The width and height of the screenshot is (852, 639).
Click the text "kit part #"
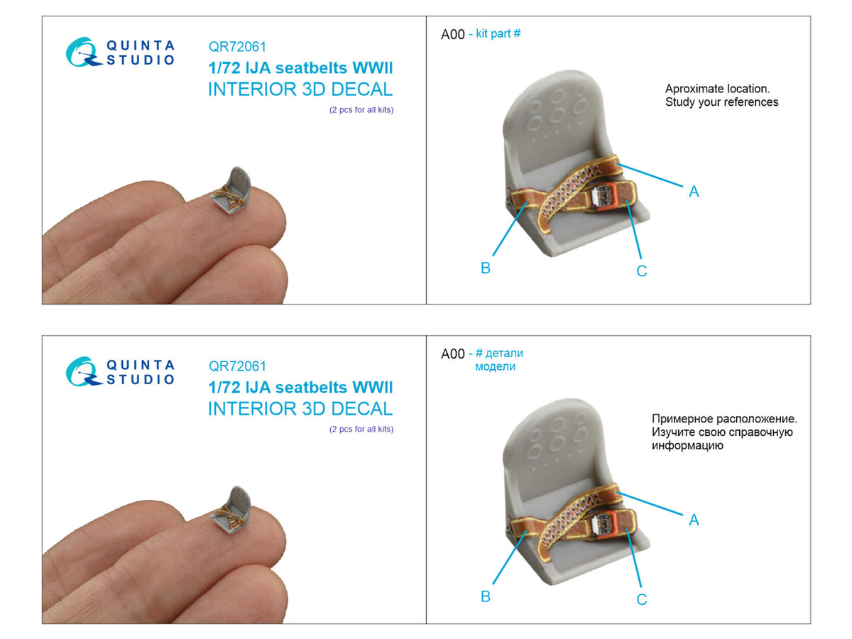[498, 34]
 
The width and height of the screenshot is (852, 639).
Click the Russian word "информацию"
[687, 445]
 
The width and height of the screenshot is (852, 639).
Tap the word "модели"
[496, 366]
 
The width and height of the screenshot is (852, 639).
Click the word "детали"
[504, 354]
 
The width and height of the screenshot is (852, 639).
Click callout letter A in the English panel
[694, 192]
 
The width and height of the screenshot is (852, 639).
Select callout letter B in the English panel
[486, 268]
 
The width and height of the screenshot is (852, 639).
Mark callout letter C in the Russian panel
[642, 600]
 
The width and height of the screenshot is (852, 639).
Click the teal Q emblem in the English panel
[82, 52]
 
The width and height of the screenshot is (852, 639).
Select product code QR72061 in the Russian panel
[237, 366]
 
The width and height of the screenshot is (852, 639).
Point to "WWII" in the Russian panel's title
[372, 387]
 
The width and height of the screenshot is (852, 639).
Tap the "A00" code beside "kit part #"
[452, 34]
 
